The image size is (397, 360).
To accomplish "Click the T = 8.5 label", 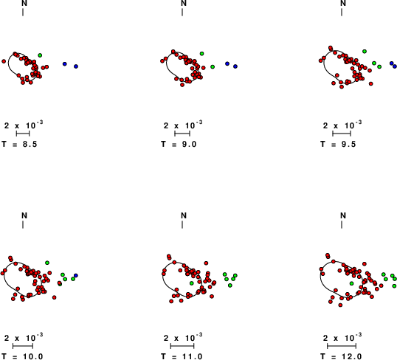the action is click(19, 145).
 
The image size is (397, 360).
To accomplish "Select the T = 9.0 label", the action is click(179, 145).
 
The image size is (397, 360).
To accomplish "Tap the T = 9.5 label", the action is click(338, 145).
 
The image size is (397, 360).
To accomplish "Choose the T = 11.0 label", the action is click(182, 357).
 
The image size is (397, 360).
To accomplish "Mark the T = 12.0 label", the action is click(341, 357).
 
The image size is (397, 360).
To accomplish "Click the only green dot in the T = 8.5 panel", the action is click(40, 55).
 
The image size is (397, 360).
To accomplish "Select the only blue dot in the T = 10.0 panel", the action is click(76, 275).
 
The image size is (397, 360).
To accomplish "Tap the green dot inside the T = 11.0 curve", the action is click(192, 283).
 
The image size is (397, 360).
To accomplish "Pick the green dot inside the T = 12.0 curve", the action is click(351, 283).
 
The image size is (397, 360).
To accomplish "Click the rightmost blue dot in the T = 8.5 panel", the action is click(76, 66).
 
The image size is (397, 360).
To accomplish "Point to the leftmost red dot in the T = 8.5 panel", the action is click(4, 61).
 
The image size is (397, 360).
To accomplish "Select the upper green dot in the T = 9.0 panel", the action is click(201, 53).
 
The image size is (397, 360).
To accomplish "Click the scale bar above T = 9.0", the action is click(182, 134).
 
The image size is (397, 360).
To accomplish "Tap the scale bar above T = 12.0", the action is click(342, 346).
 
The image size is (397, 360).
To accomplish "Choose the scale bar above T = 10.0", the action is click(23, 346).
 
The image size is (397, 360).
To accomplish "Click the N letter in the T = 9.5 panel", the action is click(343, 3).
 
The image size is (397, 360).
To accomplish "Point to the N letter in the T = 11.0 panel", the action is click(184, 215).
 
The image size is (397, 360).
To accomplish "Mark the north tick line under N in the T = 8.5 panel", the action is click(23, 12).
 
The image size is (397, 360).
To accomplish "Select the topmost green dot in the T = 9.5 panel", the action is click(365, 52).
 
